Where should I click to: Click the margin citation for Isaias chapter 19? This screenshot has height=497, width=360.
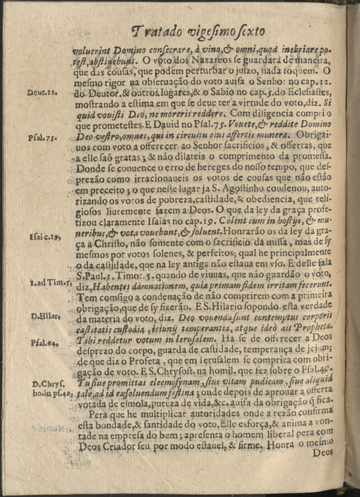tap(43, 236)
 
